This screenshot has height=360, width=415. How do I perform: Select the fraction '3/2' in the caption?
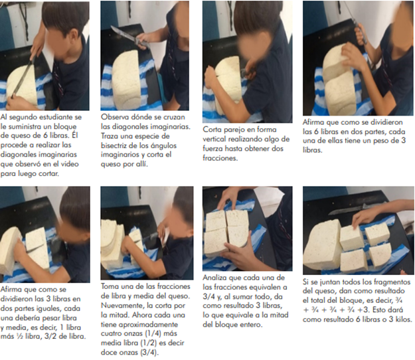(x=52, y=337)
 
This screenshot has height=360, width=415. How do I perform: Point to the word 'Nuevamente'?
(x=124, y=306)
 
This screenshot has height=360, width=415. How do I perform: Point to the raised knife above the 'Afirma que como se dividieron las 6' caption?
(x=356, y=21)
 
